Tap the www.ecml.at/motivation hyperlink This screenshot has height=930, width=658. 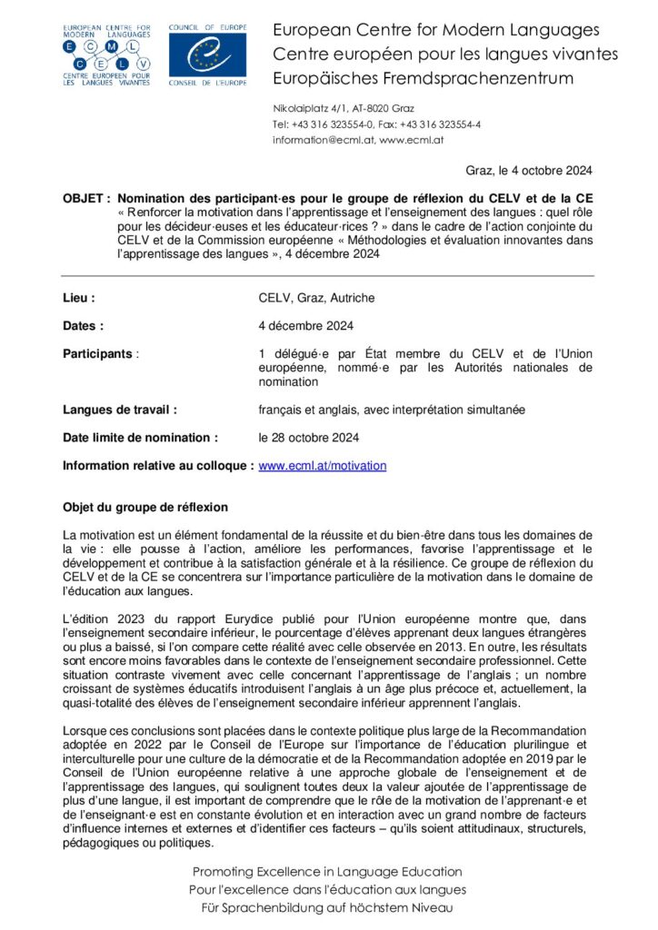323,466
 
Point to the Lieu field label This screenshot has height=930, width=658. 79,298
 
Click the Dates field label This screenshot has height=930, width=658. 84,325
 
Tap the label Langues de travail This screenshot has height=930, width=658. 119,410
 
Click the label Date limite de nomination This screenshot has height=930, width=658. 140,438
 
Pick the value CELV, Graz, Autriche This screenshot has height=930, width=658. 316,298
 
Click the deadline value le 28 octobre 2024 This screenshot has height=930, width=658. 309,438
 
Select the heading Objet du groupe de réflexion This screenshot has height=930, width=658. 145,507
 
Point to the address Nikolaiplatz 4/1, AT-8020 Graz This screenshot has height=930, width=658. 344,108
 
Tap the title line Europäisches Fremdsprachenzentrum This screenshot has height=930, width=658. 423,78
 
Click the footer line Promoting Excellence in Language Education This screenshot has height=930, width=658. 327,872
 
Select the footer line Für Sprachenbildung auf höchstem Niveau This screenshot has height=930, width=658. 327,907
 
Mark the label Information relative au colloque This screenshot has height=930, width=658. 158,466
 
